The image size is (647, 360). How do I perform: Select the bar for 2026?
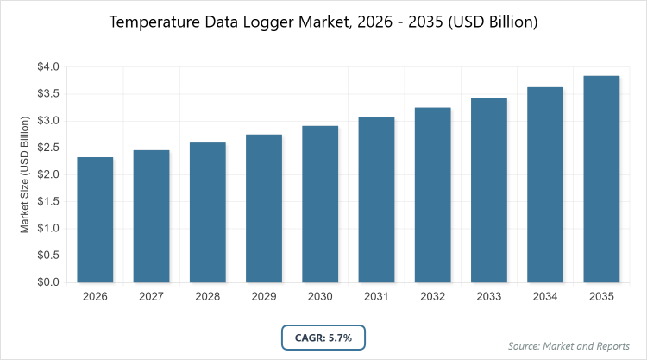(95, 219)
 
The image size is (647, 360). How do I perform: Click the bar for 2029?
(264, 208)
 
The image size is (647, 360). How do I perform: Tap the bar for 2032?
(433, 194)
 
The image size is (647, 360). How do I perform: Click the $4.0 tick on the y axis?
(47, 66)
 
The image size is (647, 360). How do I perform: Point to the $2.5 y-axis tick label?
(47, 148)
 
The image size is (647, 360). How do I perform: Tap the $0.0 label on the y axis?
(47, 282)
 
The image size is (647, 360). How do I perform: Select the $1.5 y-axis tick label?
(47, 201)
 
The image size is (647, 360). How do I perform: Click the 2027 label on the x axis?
(151, 296)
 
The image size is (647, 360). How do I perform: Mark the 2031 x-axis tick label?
(376, 296)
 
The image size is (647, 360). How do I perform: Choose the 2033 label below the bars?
(489, 296)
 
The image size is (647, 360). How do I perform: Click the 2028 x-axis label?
(207, 296)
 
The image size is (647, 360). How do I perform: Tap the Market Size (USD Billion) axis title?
(25, 174)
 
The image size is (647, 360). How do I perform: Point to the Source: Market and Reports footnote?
(568, 345)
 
